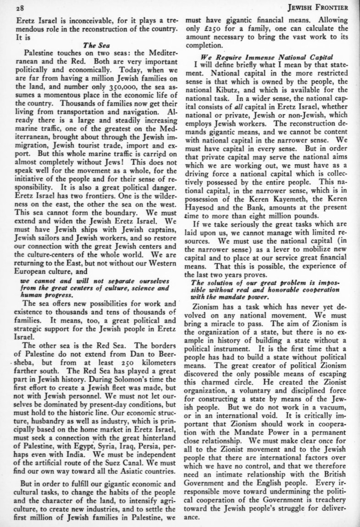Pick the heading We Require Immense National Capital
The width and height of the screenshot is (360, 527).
coord(263,57)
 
